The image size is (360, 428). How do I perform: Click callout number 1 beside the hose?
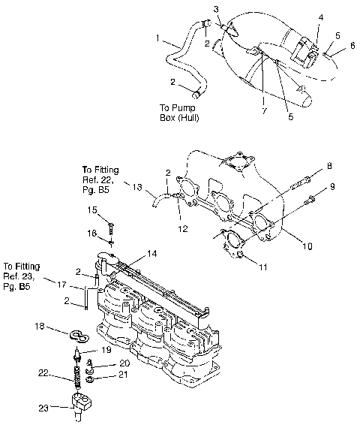click(157, 38)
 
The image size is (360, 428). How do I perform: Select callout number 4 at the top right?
click(321, 16)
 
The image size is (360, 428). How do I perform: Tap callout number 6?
click(352, 46)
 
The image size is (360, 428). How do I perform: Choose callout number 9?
click(332, 186)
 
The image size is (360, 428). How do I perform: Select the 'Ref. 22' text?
click(97, 181)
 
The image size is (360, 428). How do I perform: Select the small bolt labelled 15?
click(110, 225)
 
